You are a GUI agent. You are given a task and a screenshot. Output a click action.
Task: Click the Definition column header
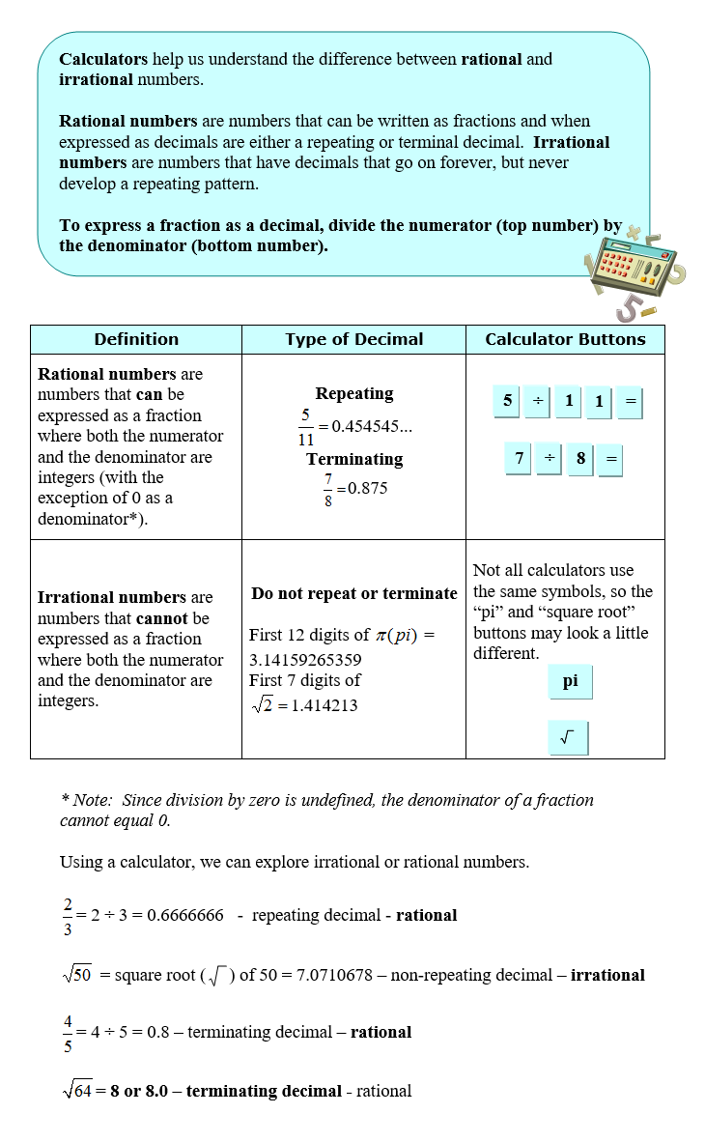tap(136, 339)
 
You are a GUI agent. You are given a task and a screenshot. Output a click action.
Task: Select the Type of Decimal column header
tap(353, 339)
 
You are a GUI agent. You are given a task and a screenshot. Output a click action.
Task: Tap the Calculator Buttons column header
tap(565, 339)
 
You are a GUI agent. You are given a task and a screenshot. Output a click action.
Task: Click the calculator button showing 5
tap(508, 400)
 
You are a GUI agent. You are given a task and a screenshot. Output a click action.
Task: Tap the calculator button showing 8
tap(580, 459)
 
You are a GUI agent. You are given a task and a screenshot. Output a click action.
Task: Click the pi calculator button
tap(570, 681)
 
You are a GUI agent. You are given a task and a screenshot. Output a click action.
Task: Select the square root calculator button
tap(568, 738)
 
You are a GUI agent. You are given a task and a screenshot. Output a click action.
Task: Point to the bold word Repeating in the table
tap(354, 393)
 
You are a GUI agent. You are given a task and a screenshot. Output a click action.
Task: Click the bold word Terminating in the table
tap(354, 459)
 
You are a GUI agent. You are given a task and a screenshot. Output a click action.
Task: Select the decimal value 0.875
tap(367, 488)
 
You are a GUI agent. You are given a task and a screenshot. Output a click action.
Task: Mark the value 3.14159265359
tap(305, 660)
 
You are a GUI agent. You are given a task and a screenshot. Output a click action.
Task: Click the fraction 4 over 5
tap(68, 1032)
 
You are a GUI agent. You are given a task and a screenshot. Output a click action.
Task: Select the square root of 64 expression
tap(76, 1091)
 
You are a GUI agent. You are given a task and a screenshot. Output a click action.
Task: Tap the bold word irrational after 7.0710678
tap(607, 975)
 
